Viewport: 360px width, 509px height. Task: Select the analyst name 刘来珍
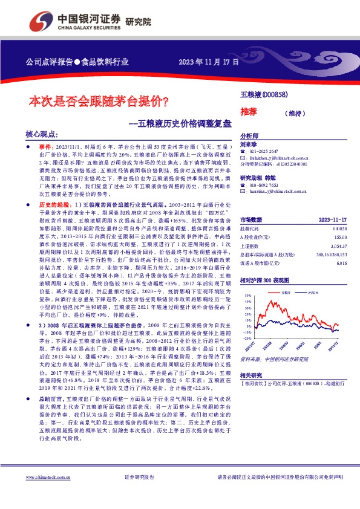(x=249, y=145)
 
